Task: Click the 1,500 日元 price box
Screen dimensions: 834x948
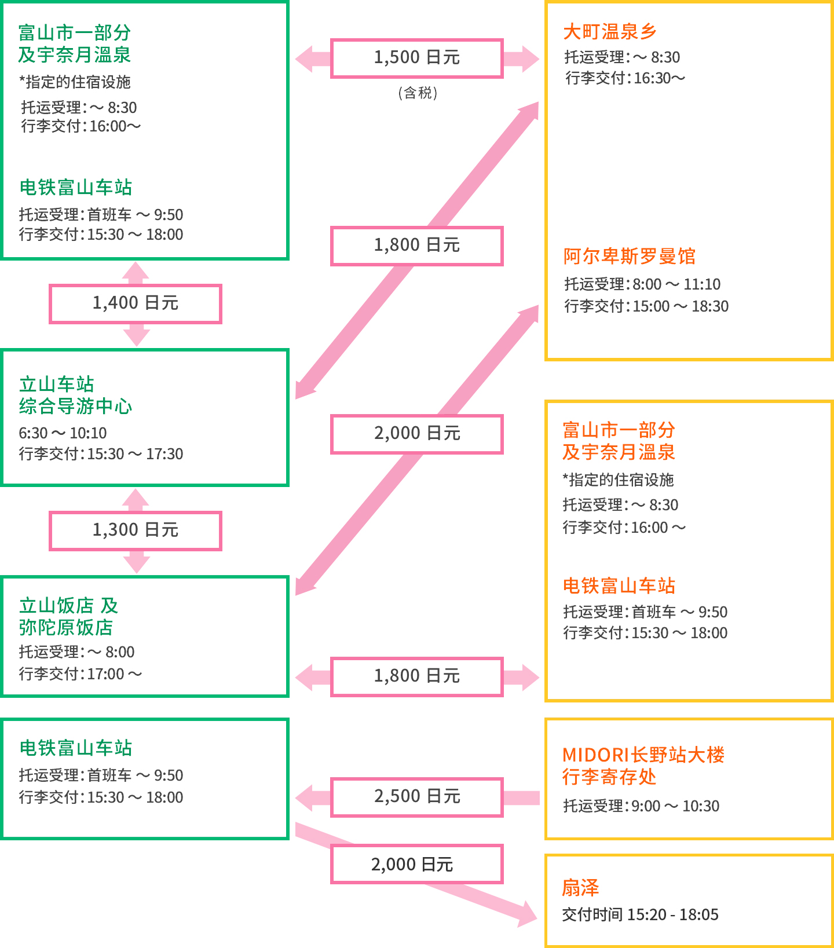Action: pyautogui.click(x=416, y=58)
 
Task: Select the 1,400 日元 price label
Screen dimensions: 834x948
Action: pyautogui.click(x=136, y=303)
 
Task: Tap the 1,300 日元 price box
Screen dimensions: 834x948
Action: pyautogui.click(x=136, y=530)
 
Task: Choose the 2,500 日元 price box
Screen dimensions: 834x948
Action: pyautogui.click(x=416, y=797)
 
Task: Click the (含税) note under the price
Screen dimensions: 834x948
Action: pyautogui.click(x=418, y=93)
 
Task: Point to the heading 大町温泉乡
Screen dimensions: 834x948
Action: pyautogui.click(x=610, y=31)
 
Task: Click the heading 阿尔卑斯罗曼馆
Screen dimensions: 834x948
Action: pyautogui.click(x=629, y=256)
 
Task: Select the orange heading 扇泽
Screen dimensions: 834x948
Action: pyautogui.click(x=580, y=887)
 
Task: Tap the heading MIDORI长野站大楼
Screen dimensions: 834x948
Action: pyautogui.click(x=643, y=755)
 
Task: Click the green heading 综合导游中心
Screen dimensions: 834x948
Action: pyautogui.click(x=75, y=406)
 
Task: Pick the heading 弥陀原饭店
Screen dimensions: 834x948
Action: pyautogui.click(x=65, y=627)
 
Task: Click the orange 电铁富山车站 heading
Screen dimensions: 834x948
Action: pyautogui.click(x=619, y=585)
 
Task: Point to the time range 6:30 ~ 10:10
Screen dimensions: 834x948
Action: pyautogui.click(x=63, y=433)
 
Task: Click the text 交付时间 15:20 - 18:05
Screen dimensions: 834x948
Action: pyautogui.click(x=641, y=914)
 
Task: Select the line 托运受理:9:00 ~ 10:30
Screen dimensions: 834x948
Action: pyautogui.click(x=641, y=806)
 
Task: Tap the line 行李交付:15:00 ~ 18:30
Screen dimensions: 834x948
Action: pyautogui.click(x=646, y=306)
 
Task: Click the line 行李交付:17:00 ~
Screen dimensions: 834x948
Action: pyautogui.click(x=81, y=674)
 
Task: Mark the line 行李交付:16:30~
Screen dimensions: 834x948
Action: pyautogui.click(x=625, y=78)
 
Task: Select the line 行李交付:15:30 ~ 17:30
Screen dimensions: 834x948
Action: pyautogui.click(x=101, y=453)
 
